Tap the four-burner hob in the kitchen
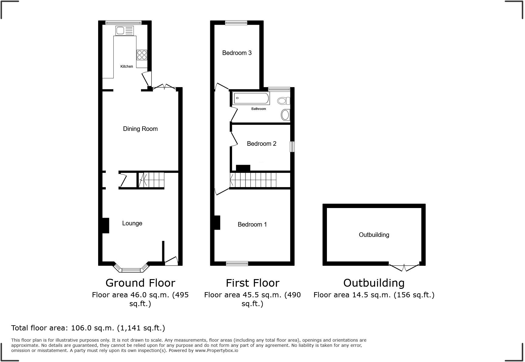142,55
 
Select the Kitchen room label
127,67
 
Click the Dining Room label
140,129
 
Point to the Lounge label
132,223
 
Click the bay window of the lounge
132,269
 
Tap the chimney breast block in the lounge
105,225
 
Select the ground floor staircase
151,180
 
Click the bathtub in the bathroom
251,98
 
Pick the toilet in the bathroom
284,101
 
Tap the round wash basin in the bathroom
285,115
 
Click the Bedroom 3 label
237,53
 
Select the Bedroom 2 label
262,144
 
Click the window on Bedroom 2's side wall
292,146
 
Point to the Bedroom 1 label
252,224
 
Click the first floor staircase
253,180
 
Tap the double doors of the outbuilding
404,268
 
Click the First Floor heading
252,283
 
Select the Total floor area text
88,328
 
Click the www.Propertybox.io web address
216,350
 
